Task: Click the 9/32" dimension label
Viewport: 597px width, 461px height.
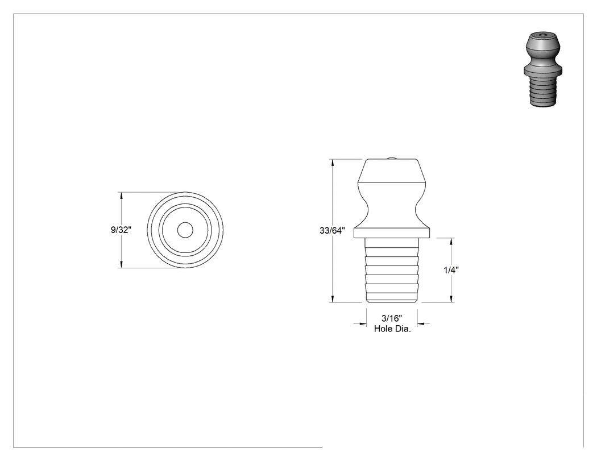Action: point(121,230)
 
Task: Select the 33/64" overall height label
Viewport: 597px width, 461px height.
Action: point(333,230)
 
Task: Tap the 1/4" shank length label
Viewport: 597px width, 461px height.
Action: point(451,270)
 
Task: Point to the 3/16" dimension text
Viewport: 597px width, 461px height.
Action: point(392,319)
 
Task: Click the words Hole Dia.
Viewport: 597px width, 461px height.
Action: point(392,329)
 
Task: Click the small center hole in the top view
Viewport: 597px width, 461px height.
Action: point(185,230)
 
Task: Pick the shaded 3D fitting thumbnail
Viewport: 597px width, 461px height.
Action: point(543,69)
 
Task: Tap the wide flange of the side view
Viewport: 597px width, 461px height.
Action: point(392,233)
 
